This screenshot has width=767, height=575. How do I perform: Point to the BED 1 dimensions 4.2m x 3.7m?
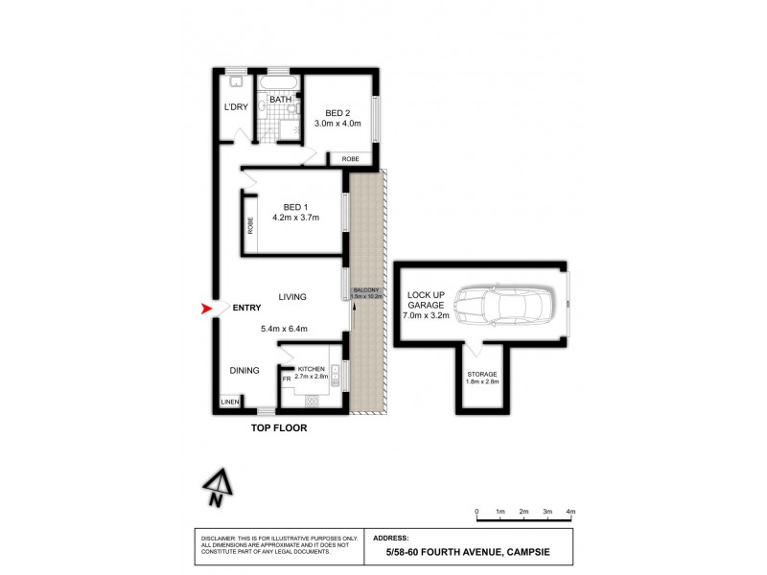pos(294,218)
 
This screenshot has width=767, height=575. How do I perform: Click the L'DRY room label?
pos(236,107)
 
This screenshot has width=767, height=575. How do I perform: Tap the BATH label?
pos(280,100)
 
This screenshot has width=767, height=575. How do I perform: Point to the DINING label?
pos(244,370)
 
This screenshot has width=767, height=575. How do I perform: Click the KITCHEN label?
pos(312,369)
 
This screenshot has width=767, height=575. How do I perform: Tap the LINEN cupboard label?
pos(230,402)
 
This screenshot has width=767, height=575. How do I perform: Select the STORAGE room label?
pos(481,374)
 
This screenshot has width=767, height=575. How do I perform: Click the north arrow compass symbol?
pos(218,488)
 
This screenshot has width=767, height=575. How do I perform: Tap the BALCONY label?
pos(366,289)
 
